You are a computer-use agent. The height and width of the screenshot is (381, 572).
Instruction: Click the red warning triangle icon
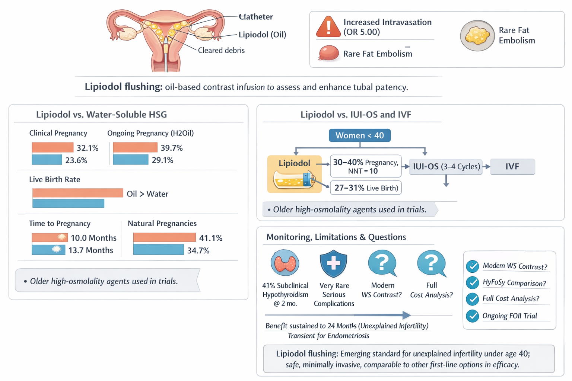(328, 27)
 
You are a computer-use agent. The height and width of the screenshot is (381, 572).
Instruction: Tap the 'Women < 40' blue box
(360, 135)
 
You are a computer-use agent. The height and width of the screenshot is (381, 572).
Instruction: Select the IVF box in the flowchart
(512, 167)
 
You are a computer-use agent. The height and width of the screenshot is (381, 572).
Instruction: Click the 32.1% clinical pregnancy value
(88, 148)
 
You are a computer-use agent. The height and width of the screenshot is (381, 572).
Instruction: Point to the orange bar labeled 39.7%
(135, 148)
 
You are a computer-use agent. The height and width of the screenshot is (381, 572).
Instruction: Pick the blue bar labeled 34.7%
(158, 250)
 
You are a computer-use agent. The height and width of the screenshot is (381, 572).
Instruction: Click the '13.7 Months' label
(90, 250)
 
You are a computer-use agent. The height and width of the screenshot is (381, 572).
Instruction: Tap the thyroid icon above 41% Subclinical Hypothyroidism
(285, 263)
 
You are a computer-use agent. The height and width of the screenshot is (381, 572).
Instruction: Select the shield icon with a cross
(333, 263)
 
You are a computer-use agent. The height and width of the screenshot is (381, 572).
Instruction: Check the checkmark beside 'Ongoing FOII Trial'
(473, 316)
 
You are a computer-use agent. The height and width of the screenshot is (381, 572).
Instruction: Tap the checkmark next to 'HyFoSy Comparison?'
(473, 283)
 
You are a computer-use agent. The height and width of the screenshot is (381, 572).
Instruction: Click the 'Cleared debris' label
(221, 51)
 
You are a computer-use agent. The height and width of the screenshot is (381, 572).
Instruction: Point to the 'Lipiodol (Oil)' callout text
(262, 35)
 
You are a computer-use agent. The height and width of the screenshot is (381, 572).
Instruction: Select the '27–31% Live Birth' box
(366, 188)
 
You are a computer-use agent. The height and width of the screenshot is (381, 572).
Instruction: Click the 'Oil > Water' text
(147, 194)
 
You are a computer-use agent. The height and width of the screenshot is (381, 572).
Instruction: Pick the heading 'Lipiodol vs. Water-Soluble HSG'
(101, 115)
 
